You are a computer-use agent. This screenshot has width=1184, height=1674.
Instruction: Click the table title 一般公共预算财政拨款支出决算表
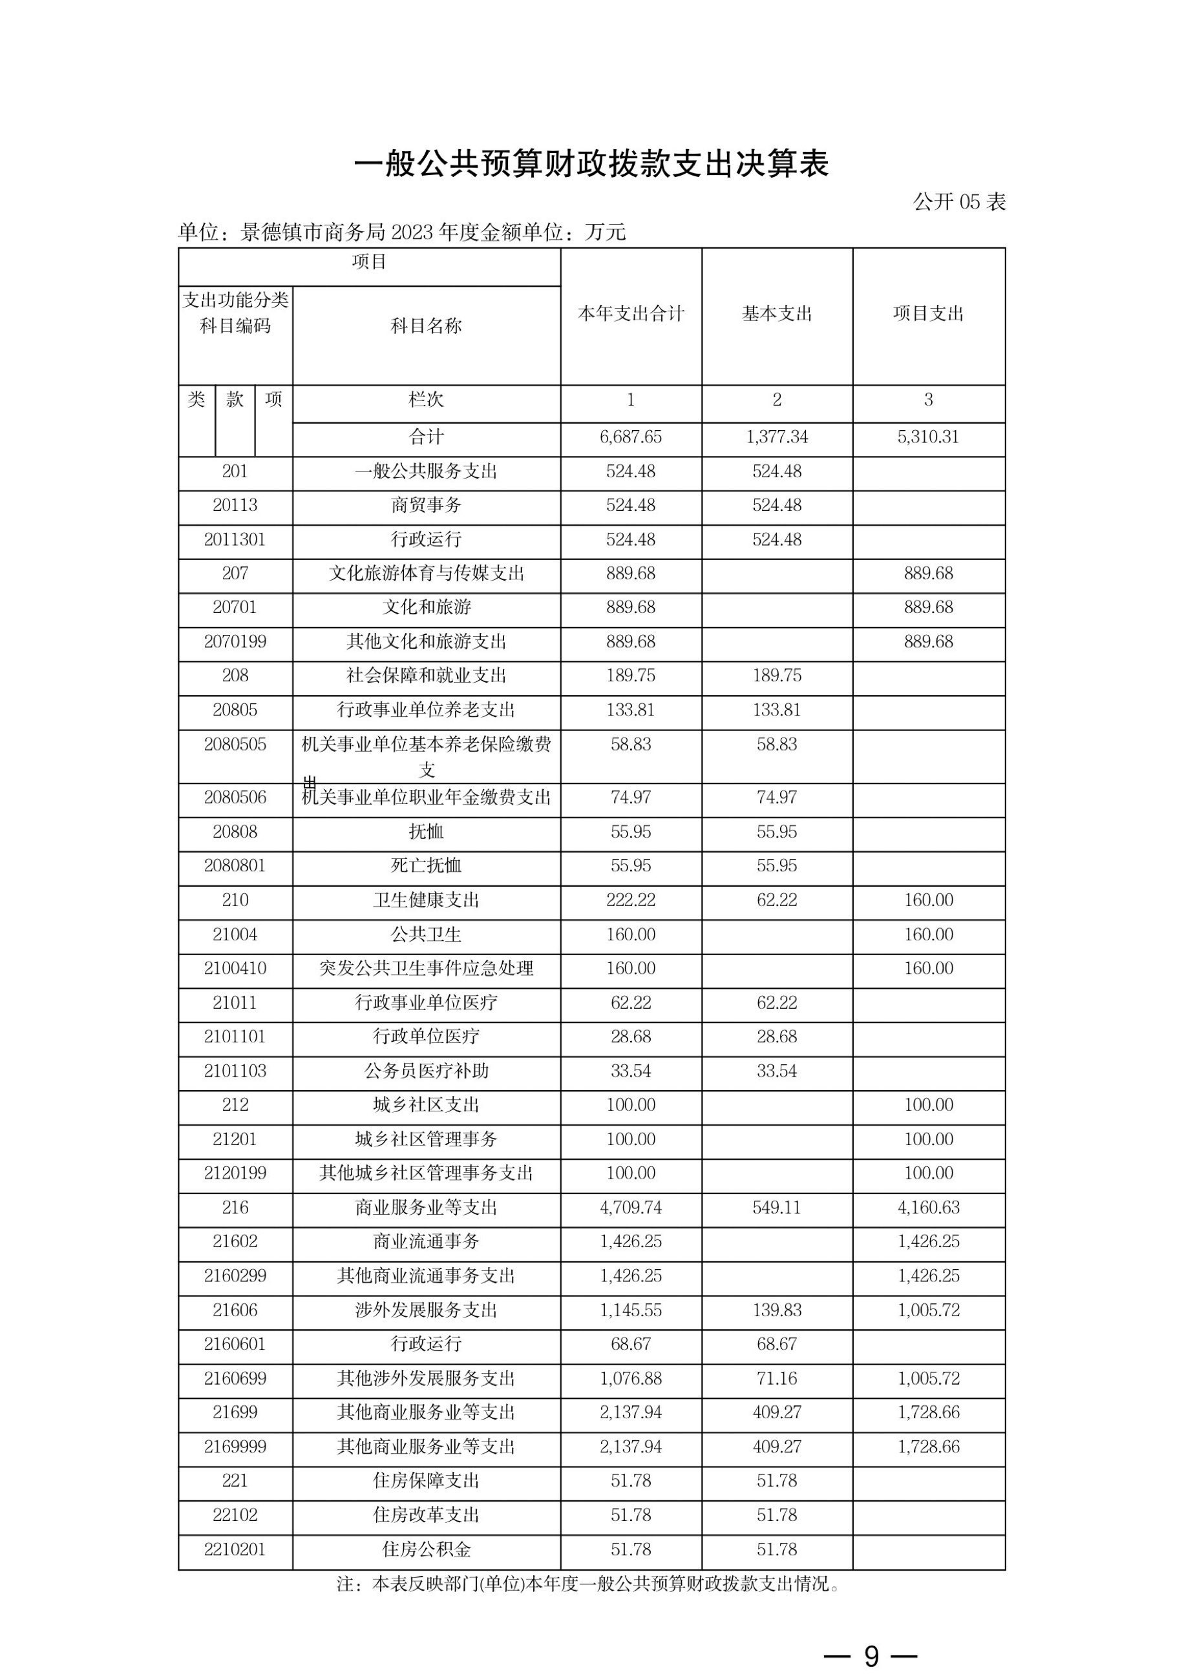(x=591, y=164)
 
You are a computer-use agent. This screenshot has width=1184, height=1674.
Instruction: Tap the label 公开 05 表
(x=958, y=202)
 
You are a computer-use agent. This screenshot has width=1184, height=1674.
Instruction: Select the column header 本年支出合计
(x=631, y=313)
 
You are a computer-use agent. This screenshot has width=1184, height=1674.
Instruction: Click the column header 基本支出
(x=777, y=313)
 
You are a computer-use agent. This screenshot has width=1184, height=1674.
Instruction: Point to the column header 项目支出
(x=928, y=313)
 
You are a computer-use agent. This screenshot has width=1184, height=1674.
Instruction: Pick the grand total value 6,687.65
(x=631, y=437)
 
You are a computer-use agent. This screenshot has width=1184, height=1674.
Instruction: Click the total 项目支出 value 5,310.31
(x=928, y=437)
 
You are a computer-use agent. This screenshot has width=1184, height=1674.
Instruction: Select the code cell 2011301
(x=235, y=539)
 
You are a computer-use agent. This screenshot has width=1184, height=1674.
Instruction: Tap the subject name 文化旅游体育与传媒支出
(x=426, y=573)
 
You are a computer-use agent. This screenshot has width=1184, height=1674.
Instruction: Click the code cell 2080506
(x=235, y=798)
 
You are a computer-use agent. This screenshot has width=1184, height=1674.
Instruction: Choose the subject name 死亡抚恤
(x=426, y=865)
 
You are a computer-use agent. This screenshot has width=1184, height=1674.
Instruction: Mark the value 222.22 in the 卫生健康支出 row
(x=631, y=900)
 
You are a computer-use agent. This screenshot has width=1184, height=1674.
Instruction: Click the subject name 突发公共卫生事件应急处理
(x=426, y=968)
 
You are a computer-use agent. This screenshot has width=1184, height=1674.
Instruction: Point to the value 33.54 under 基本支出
(x=777, y=1071)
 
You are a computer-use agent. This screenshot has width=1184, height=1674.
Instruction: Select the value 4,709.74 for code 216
(x=631, y=1207)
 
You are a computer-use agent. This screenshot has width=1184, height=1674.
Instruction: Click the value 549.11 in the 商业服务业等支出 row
(x=777, y=1207)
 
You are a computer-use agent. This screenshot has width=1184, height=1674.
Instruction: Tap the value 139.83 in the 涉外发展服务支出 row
(x=777, y=1310)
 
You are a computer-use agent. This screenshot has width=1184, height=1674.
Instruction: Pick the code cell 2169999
(x=235, y=1447)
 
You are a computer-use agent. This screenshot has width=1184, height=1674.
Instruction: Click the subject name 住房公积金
(x=426, y=1549)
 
